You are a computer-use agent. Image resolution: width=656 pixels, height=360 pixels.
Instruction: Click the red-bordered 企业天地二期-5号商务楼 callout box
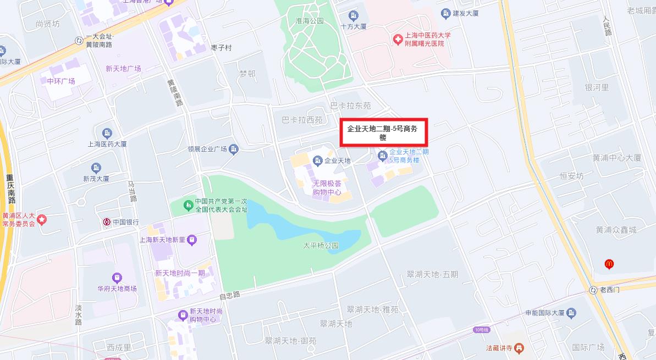383,132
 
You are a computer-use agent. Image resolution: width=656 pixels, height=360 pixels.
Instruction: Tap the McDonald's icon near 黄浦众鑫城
609,264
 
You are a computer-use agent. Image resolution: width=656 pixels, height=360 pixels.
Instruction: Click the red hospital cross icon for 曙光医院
397,39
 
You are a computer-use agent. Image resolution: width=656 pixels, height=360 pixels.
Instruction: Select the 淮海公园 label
310,21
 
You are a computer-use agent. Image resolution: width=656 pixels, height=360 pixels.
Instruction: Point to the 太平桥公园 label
321,245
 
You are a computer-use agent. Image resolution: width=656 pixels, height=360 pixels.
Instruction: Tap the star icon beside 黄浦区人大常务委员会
42,220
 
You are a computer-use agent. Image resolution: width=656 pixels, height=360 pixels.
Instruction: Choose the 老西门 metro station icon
593,290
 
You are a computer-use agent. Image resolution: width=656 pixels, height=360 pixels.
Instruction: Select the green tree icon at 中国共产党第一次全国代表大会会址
188,205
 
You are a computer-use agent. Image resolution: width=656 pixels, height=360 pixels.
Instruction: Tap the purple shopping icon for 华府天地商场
117,278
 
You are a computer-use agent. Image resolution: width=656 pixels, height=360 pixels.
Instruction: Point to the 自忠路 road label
230,295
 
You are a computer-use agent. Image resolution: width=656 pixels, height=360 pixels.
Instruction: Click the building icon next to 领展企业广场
234,148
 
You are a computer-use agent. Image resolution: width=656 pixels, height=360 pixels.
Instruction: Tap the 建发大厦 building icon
445,13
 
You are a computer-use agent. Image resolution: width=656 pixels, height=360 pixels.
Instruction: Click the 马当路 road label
132,191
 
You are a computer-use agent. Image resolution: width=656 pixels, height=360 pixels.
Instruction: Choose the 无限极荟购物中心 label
327,188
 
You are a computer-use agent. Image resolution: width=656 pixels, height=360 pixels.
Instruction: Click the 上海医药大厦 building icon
107,133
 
